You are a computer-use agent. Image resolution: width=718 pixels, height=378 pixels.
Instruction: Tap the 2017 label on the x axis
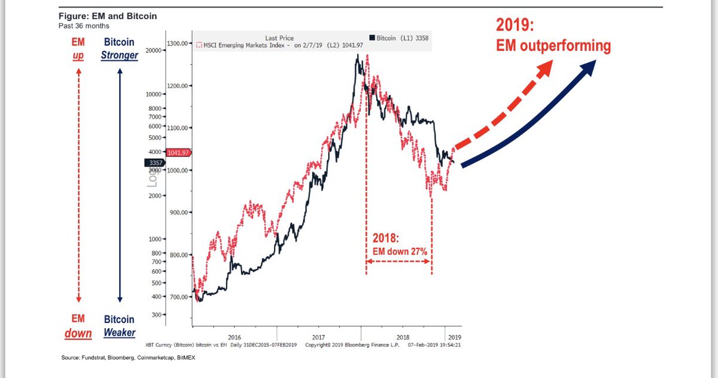(x=318, y=337)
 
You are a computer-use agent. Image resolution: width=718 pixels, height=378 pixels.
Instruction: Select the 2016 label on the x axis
(x=234, y=337)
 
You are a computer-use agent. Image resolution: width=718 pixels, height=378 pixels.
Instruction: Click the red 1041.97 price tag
(x=178, y=153)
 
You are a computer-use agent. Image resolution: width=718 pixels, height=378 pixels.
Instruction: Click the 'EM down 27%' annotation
(x=400, y=252)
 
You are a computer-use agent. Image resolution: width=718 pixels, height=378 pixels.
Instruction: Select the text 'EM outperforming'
(x=553, y=46)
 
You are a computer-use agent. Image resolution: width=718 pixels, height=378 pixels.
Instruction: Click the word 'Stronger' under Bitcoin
(x=119, y=56)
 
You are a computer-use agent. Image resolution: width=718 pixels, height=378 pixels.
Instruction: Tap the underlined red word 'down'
(x=78, y=333)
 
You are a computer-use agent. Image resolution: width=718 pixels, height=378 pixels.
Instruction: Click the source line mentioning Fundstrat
(x=128, y=358)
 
